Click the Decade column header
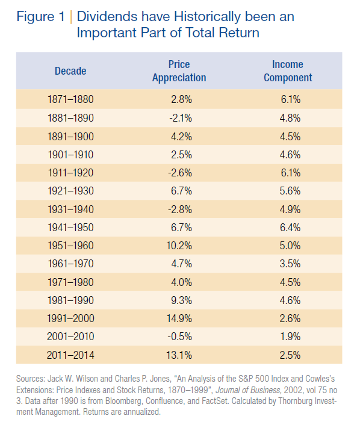(70, 71)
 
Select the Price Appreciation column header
(179, 71)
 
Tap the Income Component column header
(288, 71)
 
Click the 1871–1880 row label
(70, 99)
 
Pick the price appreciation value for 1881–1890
(181, 118)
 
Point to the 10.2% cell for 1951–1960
(179, 246)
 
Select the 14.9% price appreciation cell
(179, 318)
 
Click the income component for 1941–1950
(290, 228)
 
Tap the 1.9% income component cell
(290, 337)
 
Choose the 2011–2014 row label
(70, 355)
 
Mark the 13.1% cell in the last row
(179, 355)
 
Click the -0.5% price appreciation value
(180, 337)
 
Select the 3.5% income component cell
(290, 264)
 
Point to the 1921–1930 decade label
(70, 191)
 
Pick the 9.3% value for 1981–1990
(182, 300)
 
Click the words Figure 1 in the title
(40, 17)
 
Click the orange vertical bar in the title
(71, 17)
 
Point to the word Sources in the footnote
(31, 379)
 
